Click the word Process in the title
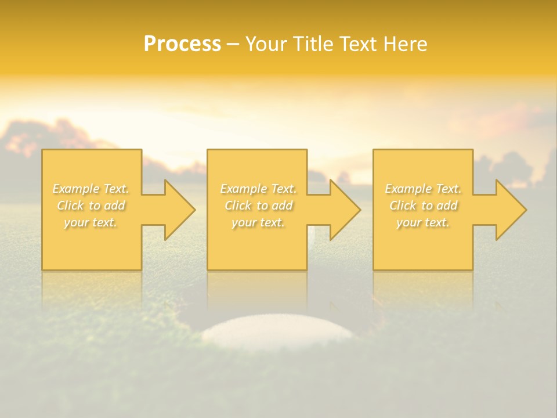pyautogui.click(x=182, y=44)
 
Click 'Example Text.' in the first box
pyautogui.click(x=91, y=189)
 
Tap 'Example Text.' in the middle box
pyautogui.click(x=258, y=189)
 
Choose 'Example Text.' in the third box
pyautogui.click(x=423, y=189)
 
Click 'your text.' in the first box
pyautogui.click(x=91, y=222)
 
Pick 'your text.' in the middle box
pyautogui.click(x=258, y=222)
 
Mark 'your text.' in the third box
pyautogui.click(x=423, y=222)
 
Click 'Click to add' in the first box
pyautogui.click(x=91, y=206)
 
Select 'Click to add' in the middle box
pyautogui.click(x=258, y=206)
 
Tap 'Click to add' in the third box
pyautogui.click(x=423, y=206)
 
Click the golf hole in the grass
pyautogui.click(x=277, y=333)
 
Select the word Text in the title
pyautogui.click(x=358, y=44)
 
